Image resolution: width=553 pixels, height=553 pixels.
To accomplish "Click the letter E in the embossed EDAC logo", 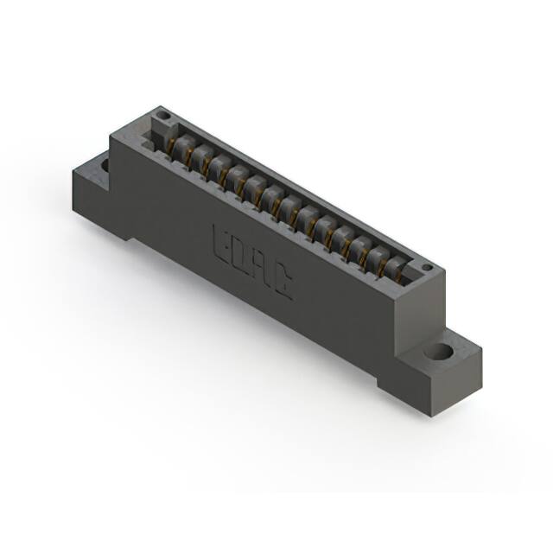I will (221, 243).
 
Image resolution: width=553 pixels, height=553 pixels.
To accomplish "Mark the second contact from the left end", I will (200, 156).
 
